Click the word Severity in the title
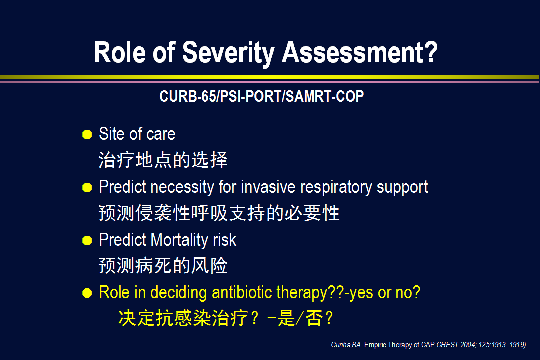[228, 53]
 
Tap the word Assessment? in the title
[360, 52]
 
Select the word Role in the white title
[120, 52]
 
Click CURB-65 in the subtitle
[188, 96]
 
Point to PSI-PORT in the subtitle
[250, 96]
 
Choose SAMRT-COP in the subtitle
[325, 96]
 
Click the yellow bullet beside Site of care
[87, 134]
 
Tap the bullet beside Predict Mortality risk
[87, 240]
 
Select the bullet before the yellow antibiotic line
[87, 293]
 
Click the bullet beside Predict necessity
[87, 188]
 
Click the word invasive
[268, 187]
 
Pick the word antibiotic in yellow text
[242, 292]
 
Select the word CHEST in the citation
[447, 345]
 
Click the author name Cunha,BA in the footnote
[346, 345]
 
